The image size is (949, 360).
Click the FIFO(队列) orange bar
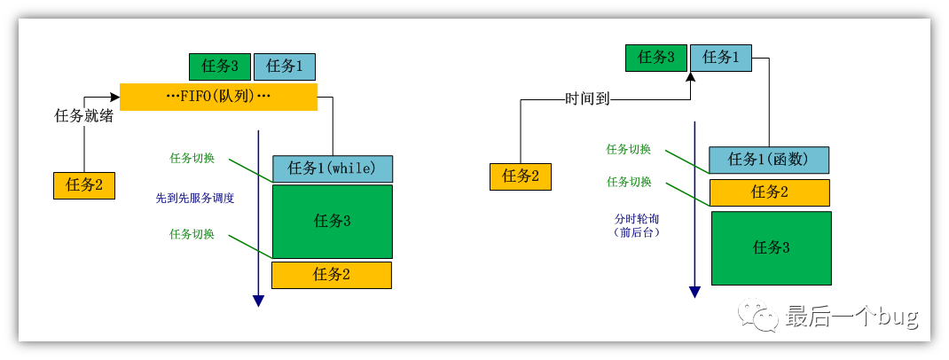coord(218,97)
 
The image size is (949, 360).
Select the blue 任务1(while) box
coord(332,168)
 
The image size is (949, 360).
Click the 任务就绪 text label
coord(84,115)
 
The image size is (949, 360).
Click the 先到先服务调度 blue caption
coord(195,199)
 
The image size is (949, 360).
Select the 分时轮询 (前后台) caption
coord(637,224)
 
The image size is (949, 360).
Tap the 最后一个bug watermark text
coord(851,316)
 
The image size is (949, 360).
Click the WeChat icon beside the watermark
coord(762,316)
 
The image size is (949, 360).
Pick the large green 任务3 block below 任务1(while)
coord(332,221)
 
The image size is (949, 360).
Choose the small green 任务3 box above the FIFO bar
coord(220,67)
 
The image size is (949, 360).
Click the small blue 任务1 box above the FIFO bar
coord(284,67)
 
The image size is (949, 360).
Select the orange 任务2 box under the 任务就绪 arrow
coord(84,185)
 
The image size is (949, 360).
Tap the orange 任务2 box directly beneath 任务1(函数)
coord(769,192)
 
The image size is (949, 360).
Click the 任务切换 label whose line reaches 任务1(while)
coord(192,158)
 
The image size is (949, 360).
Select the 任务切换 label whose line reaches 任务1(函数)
coord(629,150)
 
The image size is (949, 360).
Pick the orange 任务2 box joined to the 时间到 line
coord(521,176)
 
